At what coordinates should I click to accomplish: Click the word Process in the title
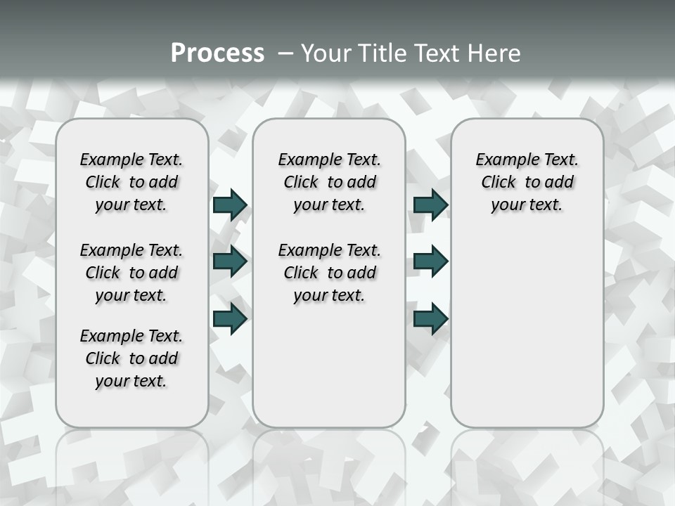tap(217, 53)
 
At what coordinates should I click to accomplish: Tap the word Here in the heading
tap(494, 53)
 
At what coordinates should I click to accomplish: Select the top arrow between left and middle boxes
tap(230, 205)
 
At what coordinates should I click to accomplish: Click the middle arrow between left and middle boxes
tap(230, 261)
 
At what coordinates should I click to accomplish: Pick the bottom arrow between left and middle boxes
tap(230, 318)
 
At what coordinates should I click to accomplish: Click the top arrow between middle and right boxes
tap(430, 205)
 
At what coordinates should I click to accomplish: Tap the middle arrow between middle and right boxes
tap(430, 261)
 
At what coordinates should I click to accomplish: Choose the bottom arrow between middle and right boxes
tap(430, 318)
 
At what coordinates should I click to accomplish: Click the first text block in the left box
tap(131, 182)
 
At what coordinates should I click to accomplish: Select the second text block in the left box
tap(131, 273)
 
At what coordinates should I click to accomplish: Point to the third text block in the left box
tap(131, 358)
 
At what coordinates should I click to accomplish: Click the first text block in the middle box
tap(329, 182)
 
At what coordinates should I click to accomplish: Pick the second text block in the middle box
tap(329, 273)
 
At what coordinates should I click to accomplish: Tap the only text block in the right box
tap(527, 182)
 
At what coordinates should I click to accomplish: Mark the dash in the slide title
tap(285, 53)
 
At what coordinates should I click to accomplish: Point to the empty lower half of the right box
tap(527, 337)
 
